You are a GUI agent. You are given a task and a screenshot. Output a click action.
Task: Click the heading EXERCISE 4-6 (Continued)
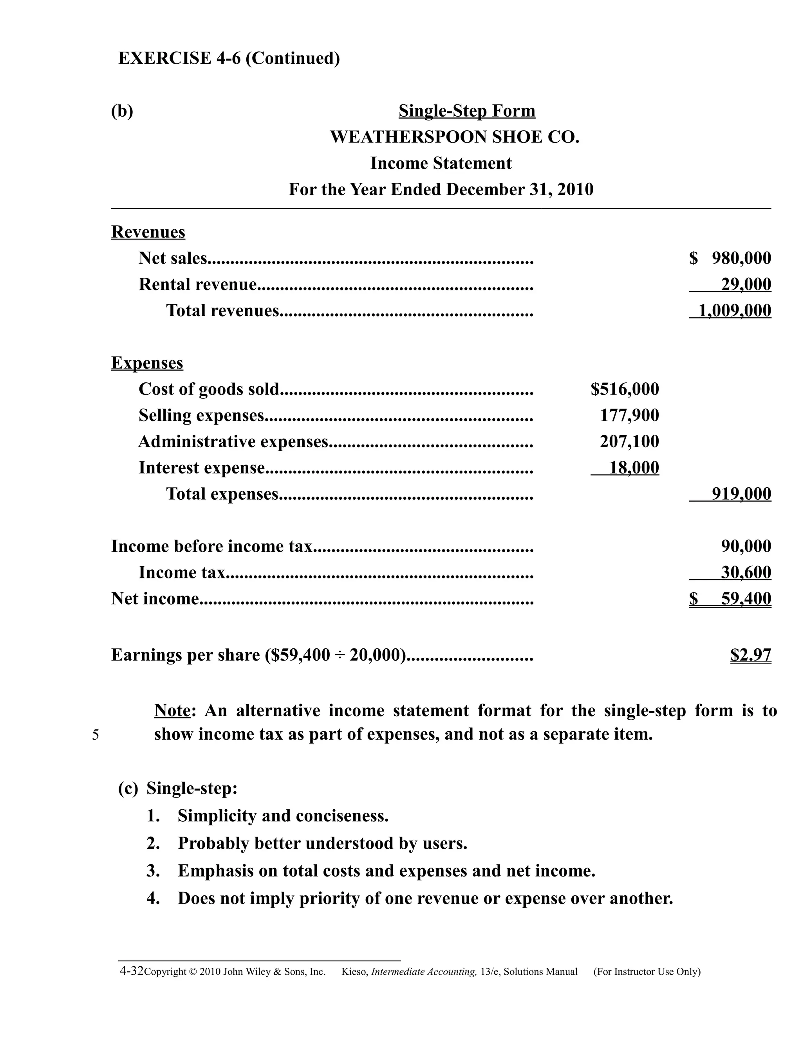pos(229,58)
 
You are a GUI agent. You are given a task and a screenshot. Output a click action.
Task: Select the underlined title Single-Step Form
pos(466,111)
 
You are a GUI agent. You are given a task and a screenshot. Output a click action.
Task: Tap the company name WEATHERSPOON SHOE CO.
pos(455,137)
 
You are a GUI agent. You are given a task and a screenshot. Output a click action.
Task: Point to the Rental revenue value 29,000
pos(746,284)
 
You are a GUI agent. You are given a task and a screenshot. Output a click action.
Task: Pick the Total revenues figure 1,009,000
pos(735,311)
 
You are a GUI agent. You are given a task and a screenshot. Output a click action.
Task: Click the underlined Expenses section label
pos(147,363)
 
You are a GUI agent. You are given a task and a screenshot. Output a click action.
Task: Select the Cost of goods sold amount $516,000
pos(625,389)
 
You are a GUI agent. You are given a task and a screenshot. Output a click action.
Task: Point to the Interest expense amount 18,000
pos(634,468)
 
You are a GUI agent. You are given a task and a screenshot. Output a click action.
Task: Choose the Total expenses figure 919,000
pos(741,494)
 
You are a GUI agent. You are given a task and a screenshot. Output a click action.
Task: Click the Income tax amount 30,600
pos(746,573)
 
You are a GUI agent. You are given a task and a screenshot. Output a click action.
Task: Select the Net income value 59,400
pos(746,599)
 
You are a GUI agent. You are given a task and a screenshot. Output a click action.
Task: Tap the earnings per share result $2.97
pos(751,655)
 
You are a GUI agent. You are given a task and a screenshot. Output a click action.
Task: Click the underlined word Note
pos(172,711)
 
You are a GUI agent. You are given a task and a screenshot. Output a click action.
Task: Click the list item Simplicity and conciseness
pos(283,816)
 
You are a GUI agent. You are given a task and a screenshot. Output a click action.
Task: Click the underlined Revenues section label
pos(148,232)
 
